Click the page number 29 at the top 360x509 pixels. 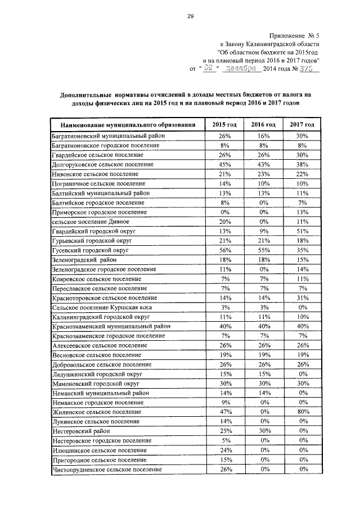click(x=191, y=16)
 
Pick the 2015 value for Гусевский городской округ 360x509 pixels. click(x=224, y=250)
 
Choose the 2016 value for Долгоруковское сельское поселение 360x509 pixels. click(x=263, y=164)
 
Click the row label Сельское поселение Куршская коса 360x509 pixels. click(x=101, y=308)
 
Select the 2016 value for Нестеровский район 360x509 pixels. click(x=263, y=431)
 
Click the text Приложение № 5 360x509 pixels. click(x=299, y=35)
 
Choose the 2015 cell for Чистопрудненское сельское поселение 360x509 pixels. click(x=224, y=470)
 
